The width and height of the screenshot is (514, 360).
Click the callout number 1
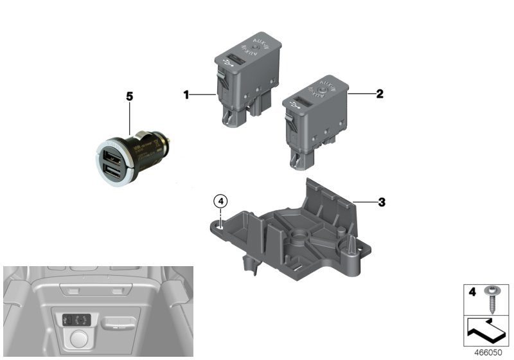[x=186, y=95]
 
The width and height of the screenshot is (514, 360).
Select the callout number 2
[x=380, y=94]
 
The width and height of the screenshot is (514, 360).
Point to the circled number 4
[x=220, y=201]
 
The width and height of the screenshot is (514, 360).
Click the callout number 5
[x=129, y=96]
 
